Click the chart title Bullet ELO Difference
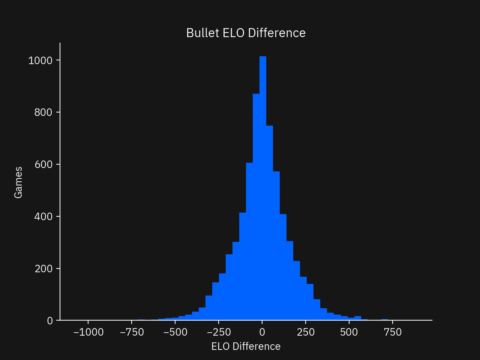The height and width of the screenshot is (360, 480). pos(246,33)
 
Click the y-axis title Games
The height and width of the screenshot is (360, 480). pos(18,183)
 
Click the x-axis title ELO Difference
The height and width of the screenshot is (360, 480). pos(246,346)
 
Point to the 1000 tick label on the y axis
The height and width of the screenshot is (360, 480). pos(40,60)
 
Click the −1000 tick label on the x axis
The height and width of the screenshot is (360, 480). pos(88,332)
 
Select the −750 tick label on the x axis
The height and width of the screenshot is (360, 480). pos(132,332)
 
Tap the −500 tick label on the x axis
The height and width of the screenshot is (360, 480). pos(175,332)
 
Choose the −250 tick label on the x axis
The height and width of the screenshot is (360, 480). pos(219,332)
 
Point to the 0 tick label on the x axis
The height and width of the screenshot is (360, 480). pos(262,332)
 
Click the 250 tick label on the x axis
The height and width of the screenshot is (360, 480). pos(306,332)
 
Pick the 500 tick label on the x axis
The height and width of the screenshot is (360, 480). pos(349,332)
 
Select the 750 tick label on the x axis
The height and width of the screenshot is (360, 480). pos(393,332)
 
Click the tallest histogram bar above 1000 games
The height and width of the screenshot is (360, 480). pos(263,187)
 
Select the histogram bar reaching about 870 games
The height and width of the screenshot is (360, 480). pos(256,206)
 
